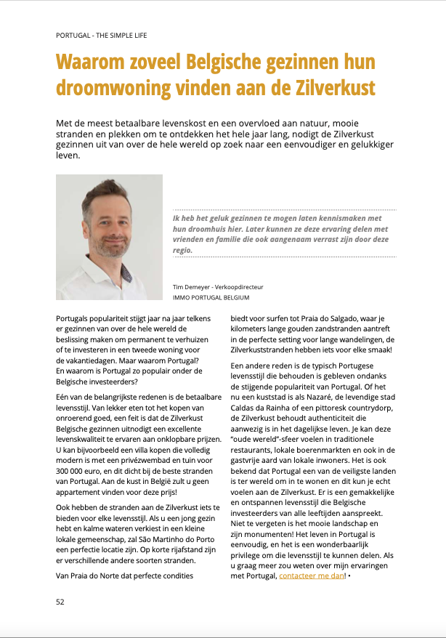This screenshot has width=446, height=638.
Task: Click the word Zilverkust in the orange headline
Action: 336,88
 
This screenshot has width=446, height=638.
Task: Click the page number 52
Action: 61,602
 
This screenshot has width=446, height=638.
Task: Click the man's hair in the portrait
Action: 109,192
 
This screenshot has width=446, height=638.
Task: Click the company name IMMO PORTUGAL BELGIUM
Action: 211,297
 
